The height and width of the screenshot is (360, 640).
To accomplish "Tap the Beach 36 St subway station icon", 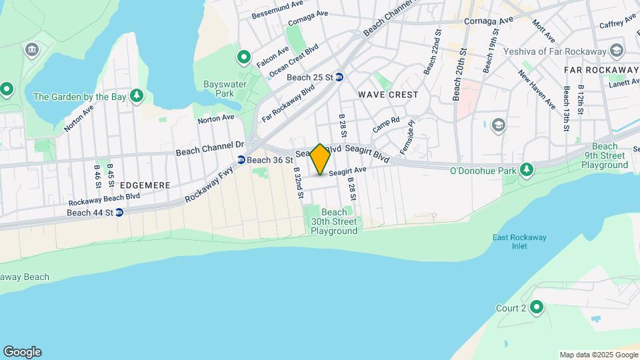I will click(241, 160).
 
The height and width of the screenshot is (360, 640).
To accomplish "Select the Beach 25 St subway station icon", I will click(339, 77).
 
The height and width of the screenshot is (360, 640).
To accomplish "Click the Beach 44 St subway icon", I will click(119, 213).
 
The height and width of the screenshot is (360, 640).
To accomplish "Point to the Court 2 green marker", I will click(536, 307).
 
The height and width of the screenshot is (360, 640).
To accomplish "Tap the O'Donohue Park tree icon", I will click(527, 171).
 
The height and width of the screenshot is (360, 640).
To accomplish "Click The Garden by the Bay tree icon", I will click(137, 97).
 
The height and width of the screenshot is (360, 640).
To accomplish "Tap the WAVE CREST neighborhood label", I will click(388, 95).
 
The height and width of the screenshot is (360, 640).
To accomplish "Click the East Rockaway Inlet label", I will click(511, 241).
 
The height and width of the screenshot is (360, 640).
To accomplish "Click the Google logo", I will click(22, 351).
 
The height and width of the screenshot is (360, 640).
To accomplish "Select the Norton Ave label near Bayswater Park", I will click(216, 118).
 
